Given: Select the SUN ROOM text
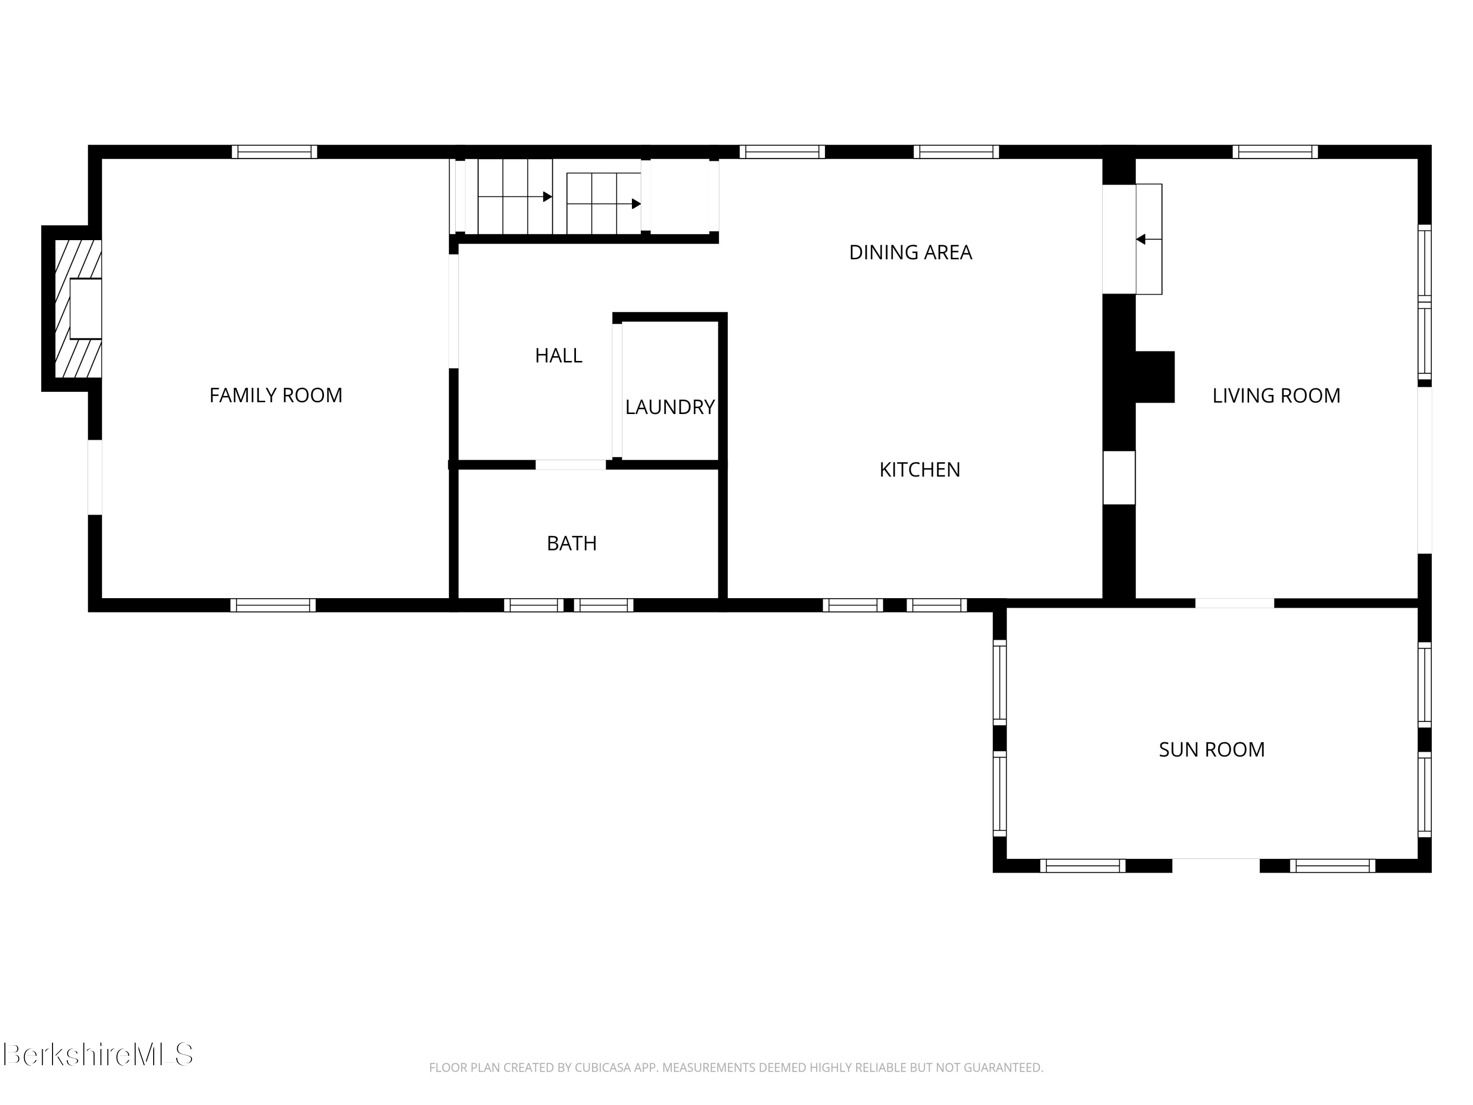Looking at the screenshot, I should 1211,749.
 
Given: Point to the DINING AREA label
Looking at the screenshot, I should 910,252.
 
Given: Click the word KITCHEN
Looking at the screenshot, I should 920,470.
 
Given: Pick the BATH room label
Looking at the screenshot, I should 572,544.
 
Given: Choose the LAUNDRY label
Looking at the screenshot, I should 669,407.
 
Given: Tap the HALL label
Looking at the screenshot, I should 558,356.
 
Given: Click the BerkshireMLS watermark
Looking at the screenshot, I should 98,1054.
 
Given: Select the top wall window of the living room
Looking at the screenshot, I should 1275,152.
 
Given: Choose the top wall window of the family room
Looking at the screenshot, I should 274,152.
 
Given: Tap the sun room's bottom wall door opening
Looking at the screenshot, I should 1215,866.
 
